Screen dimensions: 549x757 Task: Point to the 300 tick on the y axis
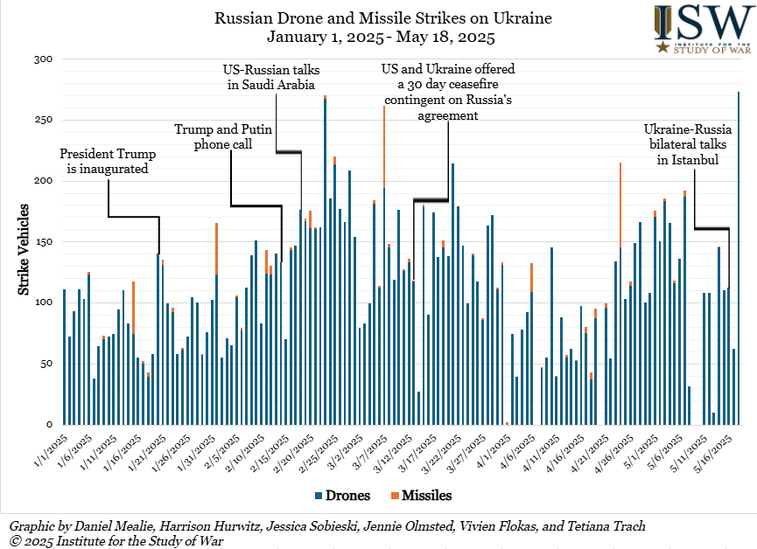44,59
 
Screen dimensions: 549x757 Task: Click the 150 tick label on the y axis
44,241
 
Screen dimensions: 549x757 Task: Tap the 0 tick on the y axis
50,424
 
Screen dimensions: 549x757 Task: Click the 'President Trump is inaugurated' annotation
108,161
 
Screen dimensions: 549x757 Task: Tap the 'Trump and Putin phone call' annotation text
223,136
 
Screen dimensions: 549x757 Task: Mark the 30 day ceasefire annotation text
447,93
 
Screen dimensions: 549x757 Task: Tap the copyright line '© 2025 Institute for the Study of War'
116,541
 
